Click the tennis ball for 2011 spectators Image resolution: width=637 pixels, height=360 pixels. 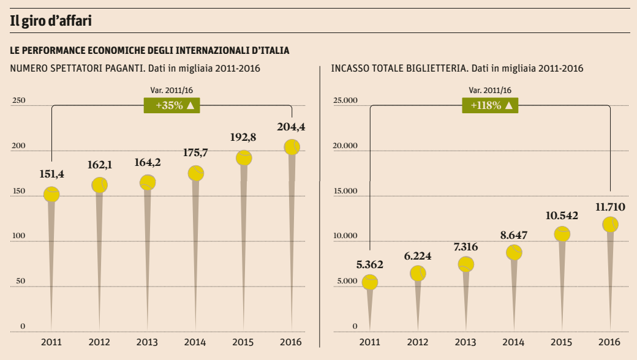51,194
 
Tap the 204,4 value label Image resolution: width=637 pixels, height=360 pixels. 292,127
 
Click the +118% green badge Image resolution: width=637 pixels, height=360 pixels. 491,105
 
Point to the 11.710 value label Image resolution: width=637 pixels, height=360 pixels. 610,208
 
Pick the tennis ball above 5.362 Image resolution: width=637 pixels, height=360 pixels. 370,282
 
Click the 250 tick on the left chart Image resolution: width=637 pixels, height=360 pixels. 19,101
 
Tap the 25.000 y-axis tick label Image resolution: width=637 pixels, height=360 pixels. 345,101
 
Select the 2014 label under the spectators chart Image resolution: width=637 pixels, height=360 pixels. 195,342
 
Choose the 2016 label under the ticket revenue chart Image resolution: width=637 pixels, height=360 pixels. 609,342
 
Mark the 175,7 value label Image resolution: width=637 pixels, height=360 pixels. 195,153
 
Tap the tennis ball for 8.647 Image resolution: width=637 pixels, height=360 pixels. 514,252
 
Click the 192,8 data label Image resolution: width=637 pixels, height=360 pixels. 243,137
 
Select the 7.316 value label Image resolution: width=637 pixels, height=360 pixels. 466,247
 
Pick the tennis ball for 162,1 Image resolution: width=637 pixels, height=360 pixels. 99,185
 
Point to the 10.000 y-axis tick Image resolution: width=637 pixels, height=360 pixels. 345,236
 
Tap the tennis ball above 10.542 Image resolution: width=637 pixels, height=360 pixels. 562,234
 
